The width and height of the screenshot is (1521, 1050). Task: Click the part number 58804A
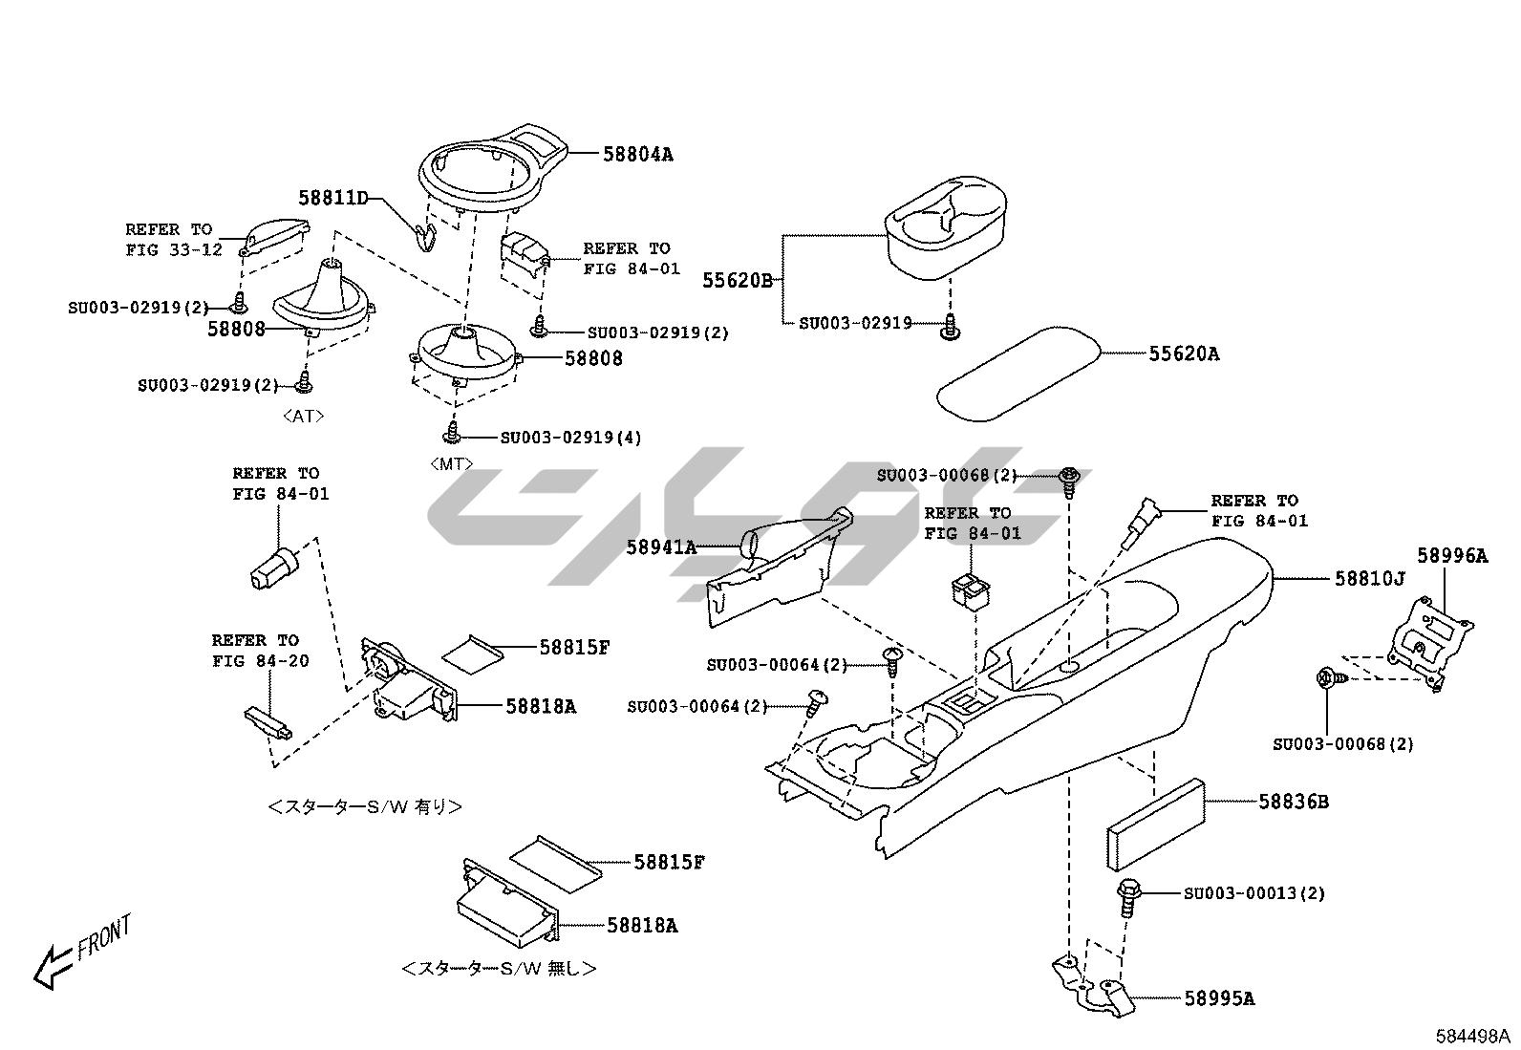[x=637, y=154]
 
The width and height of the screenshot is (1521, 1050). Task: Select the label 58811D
[x=332, y=199]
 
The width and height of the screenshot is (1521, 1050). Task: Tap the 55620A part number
[x=1184, y=354]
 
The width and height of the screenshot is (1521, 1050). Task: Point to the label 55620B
[x=737, y=281]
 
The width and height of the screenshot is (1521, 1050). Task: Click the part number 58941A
[x=661, y=548]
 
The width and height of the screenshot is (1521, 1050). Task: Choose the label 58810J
[x=1369, y=579]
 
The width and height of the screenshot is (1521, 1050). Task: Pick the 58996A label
[x=1451, y=556]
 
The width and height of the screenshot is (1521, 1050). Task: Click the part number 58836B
[x=1293, y=803]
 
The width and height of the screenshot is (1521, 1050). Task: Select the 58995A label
[x=1219, y=999]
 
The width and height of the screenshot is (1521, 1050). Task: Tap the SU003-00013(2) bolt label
[x=1253, y=894]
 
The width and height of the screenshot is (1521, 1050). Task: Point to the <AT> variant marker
[x=303, y=417]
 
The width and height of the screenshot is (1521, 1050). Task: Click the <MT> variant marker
[x=451, y=464]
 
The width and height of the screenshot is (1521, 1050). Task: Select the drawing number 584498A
[x=1471, y=1036]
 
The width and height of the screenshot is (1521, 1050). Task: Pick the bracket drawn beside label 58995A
[x=1094, y=984]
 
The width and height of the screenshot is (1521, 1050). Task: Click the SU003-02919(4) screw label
[x=570, y=439]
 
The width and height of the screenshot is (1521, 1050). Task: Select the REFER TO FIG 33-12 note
[x=173, y=240]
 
